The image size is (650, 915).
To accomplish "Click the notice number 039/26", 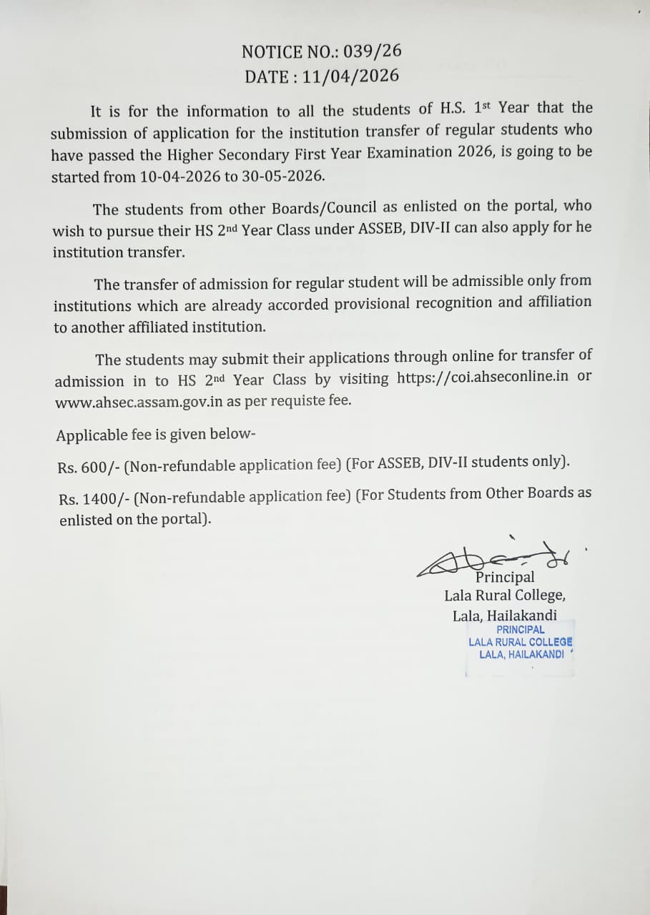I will (373, 51).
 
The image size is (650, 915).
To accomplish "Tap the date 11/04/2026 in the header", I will (350, 76).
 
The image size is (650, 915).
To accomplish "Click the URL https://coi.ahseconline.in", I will (483, 377).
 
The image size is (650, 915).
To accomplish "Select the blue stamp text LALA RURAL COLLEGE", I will (520, 642).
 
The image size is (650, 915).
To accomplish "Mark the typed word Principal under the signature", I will (505, 578).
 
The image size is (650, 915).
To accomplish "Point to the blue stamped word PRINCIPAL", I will (520, 630).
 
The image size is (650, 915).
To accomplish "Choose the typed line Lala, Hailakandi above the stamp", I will (504, 615).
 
